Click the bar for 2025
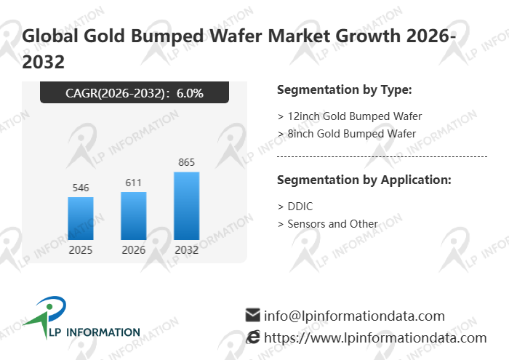tap(81, 218)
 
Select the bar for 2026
tap(134, 216)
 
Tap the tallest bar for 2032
tap(186, 206)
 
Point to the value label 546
tap(81, 188)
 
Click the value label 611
tap(134, 183)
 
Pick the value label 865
tap(186, 162)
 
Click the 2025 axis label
tap(81, 249)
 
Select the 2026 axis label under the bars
tap(134, 249)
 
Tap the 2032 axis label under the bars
tap(186, 249)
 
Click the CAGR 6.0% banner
tap(135, 92)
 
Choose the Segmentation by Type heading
tap(345, 90)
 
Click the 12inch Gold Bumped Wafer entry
tap(350, 116)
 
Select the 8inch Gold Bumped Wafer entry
tap(347, 133)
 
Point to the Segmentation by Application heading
tap(364, 180)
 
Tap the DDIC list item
tap(295, 207)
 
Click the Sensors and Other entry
tap(328, 223)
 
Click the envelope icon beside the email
tap(253, 315)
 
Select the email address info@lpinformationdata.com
tap(354, 316)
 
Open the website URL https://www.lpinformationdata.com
tap(374, 337)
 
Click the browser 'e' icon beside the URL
tap(253, 337)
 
